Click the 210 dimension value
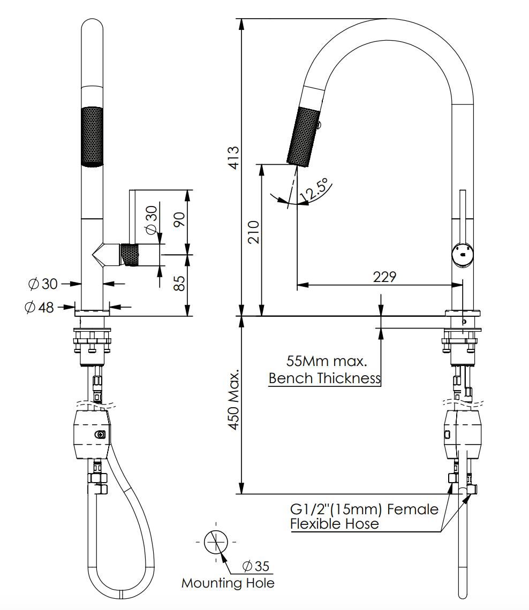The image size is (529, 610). click(253, 231)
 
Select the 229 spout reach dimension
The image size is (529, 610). click(384, 277)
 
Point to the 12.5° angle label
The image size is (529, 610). click(314, 192)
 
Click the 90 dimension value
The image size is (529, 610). click(179, 220)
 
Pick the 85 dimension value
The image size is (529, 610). click(179, 283)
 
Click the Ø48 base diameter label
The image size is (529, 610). click(40, 307)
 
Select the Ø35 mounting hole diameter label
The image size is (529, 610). click(256, 566)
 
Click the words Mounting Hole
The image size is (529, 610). click(228, 583)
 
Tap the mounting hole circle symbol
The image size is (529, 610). click(216, 542)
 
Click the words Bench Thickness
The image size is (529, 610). click(324, 378)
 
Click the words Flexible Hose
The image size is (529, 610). click(334, 523)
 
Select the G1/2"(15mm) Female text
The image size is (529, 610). click(364, 508)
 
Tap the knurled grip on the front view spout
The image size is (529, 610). click(92, 136)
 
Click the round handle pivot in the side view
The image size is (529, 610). click(462, 253)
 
